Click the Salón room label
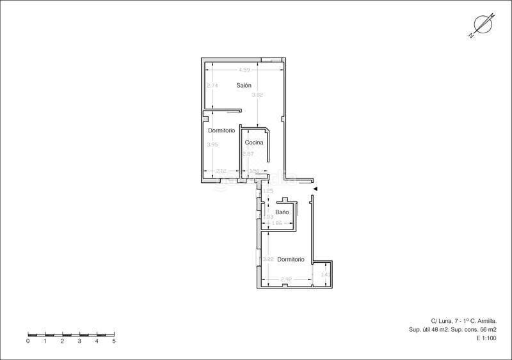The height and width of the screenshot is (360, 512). (243, 85)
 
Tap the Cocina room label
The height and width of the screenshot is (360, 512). (254, 142)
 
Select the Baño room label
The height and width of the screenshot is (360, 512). (282, 212)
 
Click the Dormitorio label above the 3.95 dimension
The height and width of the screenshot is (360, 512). (221, 130)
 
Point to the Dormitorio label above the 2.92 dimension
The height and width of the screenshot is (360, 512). (291, 259)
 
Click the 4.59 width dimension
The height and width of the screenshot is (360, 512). (244, 69)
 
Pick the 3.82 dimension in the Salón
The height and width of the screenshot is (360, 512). (257, 95)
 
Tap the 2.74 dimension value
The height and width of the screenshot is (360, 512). (212, 86)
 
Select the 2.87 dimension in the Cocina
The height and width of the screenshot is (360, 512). (248, 154)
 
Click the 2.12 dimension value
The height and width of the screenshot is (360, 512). (221, 171)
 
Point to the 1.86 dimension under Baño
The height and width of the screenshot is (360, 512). (277, 223)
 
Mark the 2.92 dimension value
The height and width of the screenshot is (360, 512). (287, 279)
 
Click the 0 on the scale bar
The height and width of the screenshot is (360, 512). (28, 341)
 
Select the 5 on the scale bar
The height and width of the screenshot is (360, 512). (114, 341)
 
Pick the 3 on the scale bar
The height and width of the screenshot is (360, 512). (79, 341)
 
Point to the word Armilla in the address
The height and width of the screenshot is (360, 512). (484, 321)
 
